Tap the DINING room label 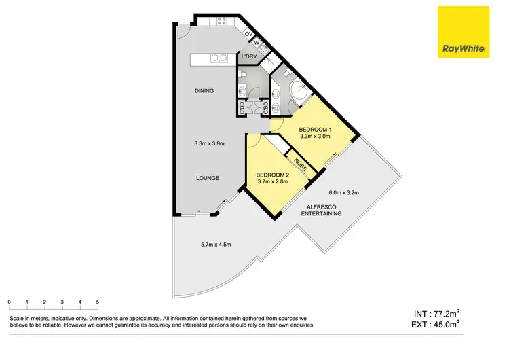click(204, 91)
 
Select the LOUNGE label click(208, 178)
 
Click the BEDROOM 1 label click(315, 129)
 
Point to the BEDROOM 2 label click(273, 175)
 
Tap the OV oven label click(248, 34)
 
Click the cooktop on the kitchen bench click(221, 22)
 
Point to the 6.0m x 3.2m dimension click(343, 192)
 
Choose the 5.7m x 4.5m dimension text click(216, 245)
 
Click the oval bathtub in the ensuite click(299, 93)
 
